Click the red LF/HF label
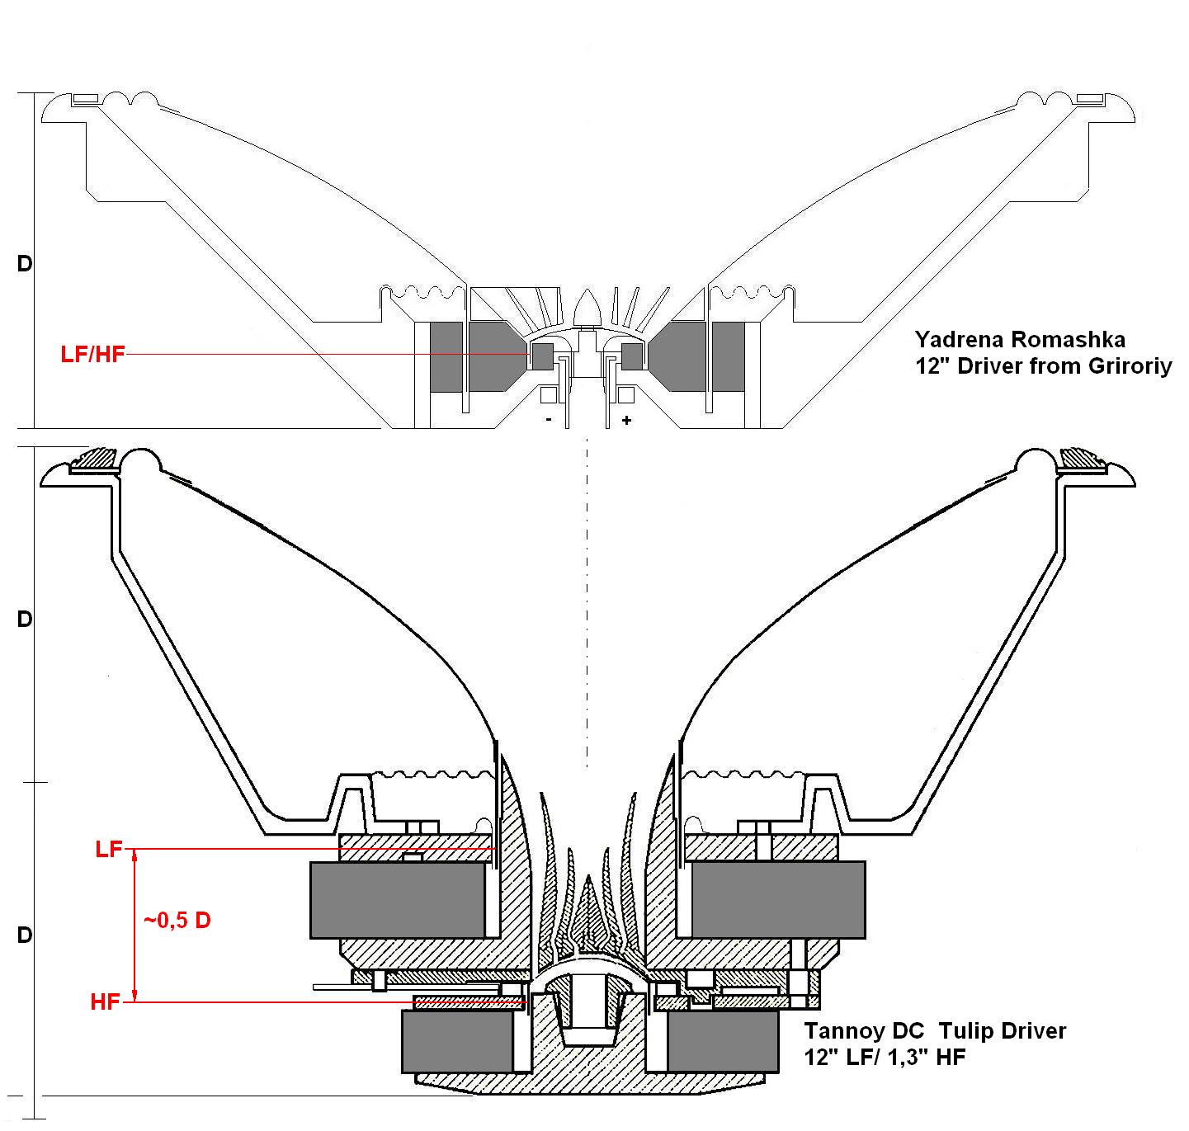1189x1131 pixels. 92,355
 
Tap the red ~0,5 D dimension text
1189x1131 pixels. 177,921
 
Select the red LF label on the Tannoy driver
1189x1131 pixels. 109,849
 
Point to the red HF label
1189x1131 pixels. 106,1002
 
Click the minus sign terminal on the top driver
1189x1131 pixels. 549,420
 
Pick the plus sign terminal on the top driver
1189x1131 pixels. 627,420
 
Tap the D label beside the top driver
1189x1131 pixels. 25,264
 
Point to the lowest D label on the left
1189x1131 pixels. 25,935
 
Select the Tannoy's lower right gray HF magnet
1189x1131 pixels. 723,1041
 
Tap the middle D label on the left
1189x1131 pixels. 25,619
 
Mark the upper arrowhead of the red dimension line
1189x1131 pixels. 134,855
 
